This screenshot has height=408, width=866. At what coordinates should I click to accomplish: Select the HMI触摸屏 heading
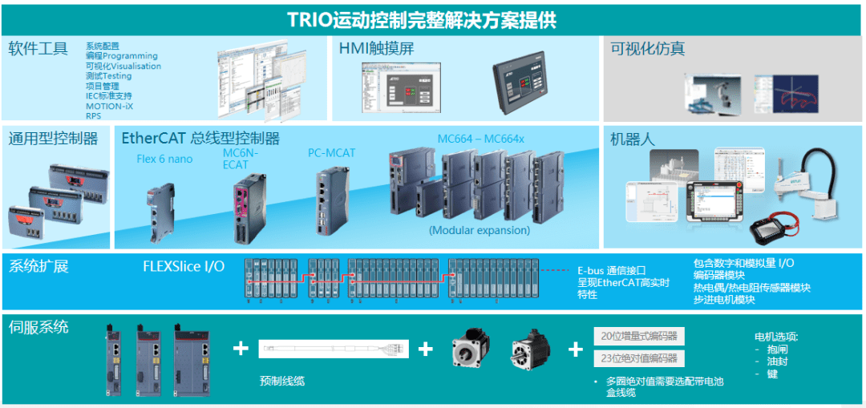(377, 48)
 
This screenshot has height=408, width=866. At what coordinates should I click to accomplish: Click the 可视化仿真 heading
(648, 48)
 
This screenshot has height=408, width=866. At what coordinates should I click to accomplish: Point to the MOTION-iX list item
(110, 106)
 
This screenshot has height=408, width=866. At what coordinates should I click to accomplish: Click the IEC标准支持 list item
(109, 96)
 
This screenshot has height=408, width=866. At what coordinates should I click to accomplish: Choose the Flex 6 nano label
(164, 159)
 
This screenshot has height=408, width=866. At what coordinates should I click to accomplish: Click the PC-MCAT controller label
(331, 152)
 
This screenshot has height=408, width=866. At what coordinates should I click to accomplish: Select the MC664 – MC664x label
(480, 139)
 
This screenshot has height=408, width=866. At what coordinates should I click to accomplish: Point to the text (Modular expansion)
(480, 230)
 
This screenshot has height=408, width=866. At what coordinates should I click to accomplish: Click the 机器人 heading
(633, 139)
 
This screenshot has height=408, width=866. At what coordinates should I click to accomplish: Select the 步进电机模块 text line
(724, 300)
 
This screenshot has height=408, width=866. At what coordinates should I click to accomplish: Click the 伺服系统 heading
(38, 326)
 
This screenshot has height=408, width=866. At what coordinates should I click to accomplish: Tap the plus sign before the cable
(240, 348)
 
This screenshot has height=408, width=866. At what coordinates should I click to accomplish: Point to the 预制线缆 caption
(282, 381)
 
